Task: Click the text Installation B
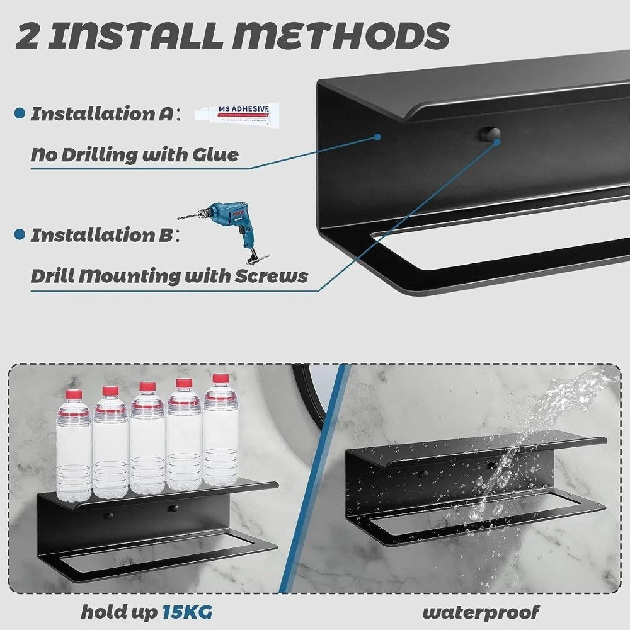coord(101,236)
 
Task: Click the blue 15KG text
coord(187,611)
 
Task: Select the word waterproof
coord(481,611)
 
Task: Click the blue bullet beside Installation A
coord(19,114)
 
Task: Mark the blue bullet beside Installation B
coord(19,235)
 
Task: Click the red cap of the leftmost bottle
coord(74,395)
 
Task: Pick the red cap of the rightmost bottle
coord(220,379)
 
